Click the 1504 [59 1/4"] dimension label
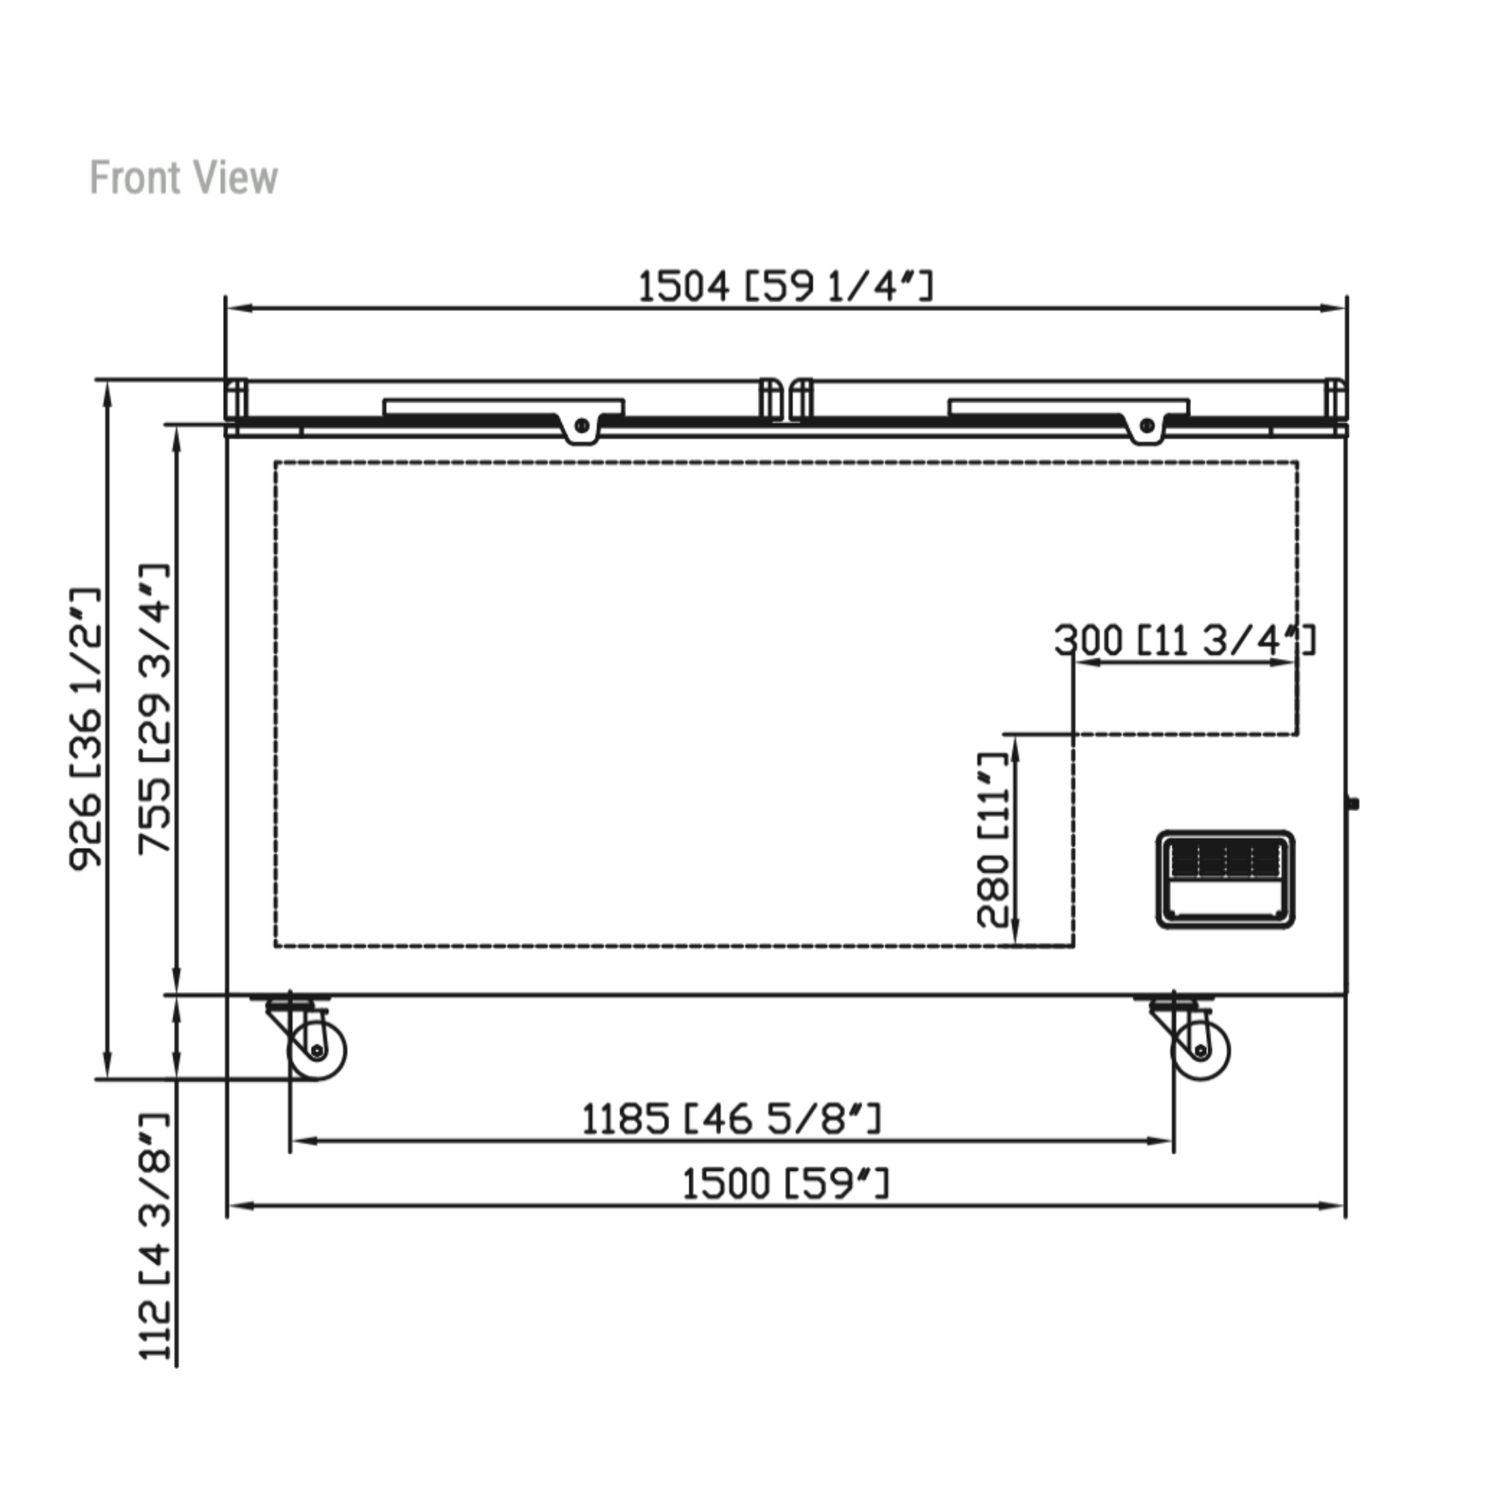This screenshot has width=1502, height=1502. tap(785, 286)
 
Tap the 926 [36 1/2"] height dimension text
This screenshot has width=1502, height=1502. tap(86, 729)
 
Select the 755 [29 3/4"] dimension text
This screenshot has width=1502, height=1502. tap(154, 709)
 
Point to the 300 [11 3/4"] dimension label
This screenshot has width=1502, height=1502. tap(1185, 641)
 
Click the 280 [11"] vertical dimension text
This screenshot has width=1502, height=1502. tap(993, 840)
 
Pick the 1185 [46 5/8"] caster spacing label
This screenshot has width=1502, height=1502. tap(732, 1118)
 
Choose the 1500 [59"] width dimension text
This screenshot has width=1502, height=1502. tap(785, 1184)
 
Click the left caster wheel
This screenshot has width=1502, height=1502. tap(317, 1051)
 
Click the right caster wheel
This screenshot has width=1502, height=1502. tap(1201, 1051)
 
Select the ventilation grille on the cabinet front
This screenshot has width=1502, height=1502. tap(1225, 879)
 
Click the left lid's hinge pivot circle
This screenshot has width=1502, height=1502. tap(581, 425)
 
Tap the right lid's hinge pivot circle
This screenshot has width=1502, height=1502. tap(1146, 425)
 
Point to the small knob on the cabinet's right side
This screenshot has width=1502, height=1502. tap(1354, 803)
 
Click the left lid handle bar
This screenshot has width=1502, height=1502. tap(503, 408)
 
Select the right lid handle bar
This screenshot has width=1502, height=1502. tap(1069, 408)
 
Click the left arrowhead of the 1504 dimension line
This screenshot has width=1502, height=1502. tap(238, 308)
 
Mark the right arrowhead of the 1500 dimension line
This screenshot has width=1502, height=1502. tap(1333, 1206)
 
